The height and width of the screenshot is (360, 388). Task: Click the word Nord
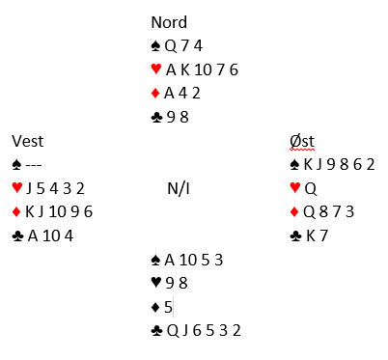tap(169, 22)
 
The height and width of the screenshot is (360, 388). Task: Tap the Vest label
tap(28, 141)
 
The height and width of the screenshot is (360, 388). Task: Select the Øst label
tap(302, 141)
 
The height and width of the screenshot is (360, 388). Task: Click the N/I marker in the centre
tap(179, 188)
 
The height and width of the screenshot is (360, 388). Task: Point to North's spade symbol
tap(156, 46)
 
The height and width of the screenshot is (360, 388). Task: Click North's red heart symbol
tap(156, 69)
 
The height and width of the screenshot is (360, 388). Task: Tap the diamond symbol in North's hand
tap(155, 94)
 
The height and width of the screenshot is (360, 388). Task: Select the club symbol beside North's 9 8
tap(156, 118)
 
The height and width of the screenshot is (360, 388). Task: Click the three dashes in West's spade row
tap(34, 165)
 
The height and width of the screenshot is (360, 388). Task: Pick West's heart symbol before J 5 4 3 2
tap(17, 187)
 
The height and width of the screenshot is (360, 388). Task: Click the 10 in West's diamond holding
tap(57, 212)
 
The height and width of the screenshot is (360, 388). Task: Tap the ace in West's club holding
tap(33, 235)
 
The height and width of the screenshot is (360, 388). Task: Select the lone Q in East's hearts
tap(311, 189)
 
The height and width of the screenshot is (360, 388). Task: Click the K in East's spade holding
tap(308, 164)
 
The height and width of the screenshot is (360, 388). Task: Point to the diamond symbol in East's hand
tap(294, 212)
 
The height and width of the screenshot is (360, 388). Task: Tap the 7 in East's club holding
tap(323, 235)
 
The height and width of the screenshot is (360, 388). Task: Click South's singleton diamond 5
tap(168, 307)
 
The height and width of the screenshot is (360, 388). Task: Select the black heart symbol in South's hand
tap(156, 283)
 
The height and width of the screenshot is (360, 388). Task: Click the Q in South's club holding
tap(173, 331)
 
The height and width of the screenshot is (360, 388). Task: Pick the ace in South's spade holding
tap(170, 260)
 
